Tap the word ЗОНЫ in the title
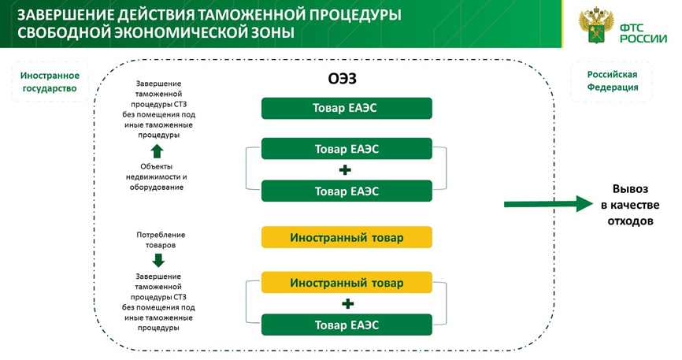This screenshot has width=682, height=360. click(270, 33)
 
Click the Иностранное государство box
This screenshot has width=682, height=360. click(50, 82)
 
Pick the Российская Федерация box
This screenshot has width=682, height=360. click(612, 81)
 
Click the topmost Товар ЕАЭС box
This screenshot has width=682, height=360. click(347, 108)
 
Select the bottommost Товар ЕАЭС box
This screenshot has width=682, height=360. click(347, 325)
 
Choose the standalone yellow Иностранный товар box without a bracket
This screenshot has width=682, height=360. click(347, 237)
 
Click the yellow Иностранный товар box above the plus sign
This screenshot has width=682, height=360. click(347, 282)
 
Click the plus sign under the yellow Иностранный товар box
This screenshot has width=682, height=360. click(347, 303)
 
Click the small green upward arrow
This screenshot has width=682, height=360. click(157, 150)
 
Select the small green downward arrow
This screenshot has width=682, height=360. click(158, 261)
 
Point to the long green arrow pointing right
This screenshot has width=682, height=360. click(547, 205)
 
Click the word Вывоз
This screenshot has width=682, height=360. click(630, 189)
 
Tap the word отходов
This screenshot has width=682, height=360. click(630, 221)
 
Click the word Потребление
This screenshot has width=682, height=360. click(161, 235)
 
